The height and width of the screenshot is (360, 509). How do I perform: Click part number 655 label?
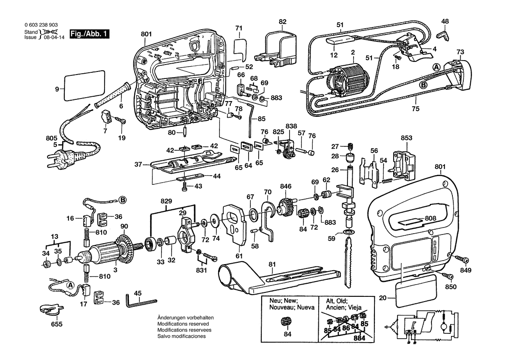(x=57, y=324)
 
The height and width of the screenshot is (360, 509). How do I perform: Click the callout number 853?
(x=406, y=138)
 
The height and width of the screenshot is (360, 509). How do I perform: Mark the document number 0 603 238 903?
(x=41, y=26)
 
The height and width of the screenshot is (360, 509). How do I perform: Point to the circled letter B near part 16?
(x=123, y=200)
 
